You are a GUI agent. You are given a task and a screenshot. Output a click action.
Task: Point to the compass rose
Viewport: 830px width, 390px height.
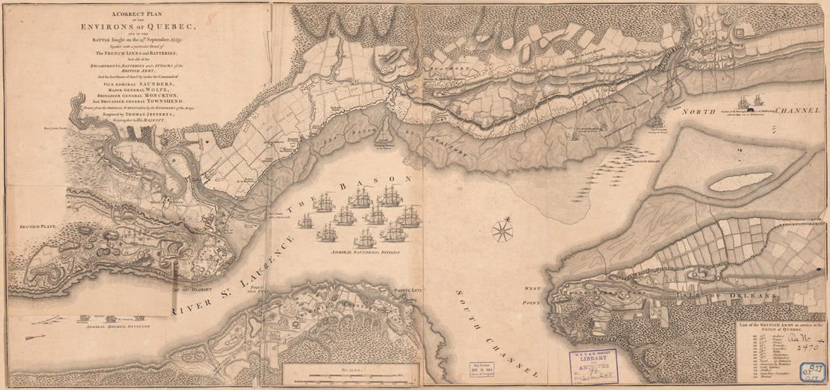click(503, 229)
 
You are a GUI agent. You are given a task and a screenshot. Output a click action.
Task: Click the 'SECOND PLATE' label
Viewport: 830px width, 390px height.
click(38, 226)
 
